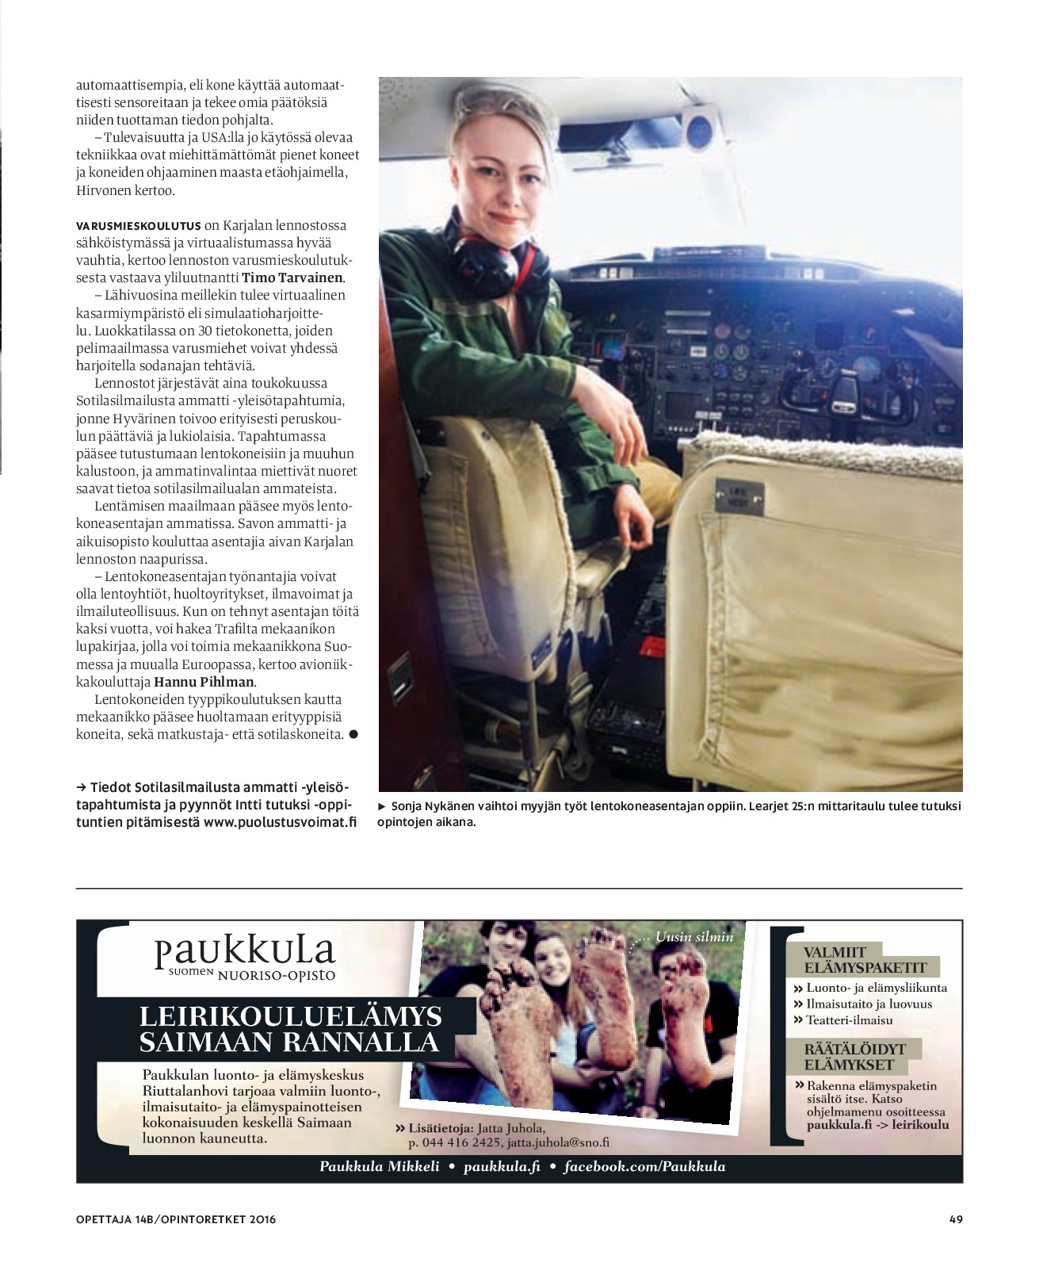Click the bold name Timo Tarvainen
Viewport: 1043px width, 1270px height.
(293, 277)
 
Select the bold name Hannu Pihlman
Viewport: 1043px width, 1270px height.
(204, 682)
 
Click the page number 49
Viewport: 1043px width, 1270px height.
(955, 1219)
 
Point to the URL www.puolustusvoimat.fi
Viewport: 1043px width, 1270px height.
(280, 822)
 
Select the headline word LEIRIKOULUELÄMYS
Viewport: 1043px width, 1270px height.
(291, 1016)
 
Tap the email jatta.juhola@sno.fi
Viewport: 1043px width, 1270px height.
(558, 1142)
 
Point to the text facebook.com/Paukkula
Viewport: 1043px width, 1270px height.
(644, 1166)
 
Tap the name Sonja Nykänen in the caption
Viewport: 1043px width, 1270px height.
(432, 806)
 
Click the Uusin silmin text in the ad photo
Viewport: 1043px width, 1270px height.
(693, 937)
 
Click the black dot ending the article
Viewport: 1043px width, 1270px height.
(353, 734)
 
